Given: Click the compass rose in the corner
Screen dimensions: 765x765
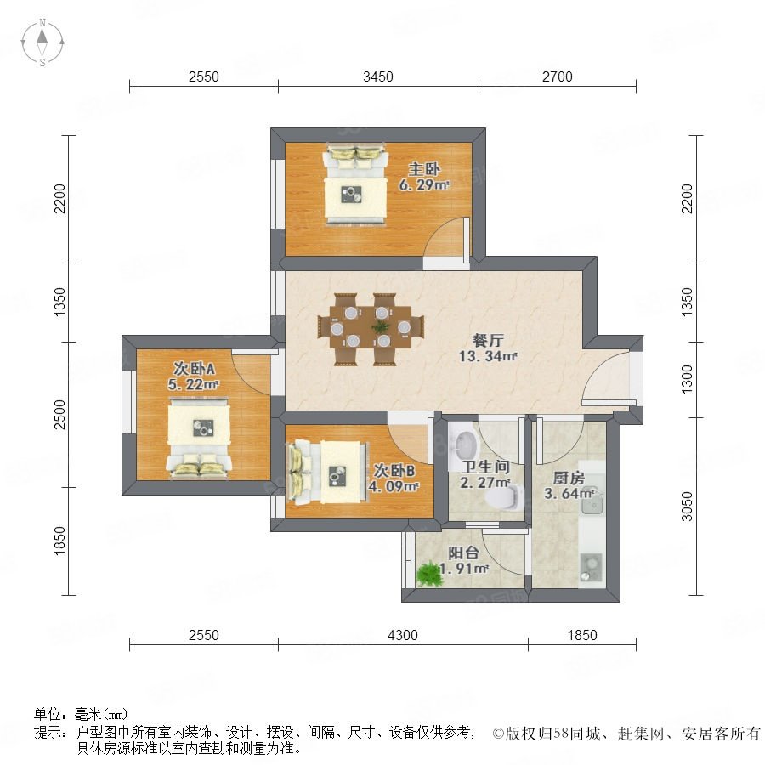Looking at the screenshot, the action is pos(42,42).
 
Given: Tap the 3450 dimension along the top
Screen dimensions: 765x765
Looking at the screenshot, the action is pos(378,76).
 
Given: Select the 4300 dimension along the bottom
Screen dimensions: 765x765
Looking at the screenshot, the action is pos(403,635).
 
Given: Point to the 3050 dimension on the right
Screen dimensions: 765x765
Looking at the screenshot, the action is pos(687,507).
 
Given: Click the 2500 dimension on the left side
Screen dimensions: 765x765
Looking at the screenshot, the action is pos(59,414).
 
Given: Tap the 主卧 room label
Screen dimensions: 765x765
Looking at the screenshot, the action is pos(424,169).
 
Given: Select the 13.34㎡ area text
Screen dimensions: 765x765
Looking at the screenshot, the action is pos(487,356).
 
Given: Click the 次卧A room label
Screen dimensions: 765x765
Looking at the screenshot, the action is pos(194,368).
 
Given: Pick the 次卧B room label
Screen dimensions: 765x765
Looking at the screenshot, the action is pos(394,470).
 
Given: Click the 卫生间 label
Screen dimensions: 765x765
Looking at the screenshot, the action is pos(486,467).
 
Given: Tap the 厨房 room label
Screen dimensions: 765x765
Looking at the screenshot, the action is pos(569,478).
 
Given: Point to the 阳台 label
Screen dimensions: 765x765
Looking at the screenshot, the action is pos(463,552).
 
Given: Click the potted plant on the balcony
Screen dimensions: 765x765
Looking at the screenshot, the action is pos(429,575).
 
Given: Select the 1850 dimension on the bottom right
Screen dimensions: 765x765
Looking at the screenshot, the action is pos(582,635).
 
